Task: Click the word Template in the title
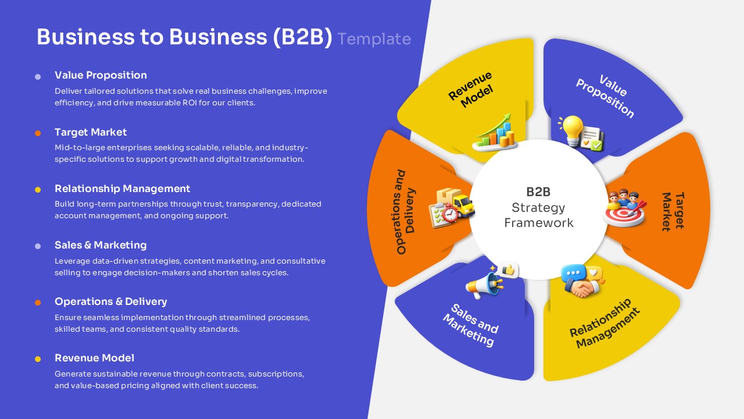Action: (374, 39)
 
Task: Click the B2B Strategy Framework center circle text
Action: (538, 207)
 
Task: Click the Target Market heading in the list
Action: (91, 132)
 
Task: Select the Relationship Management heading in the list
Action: (122, 189)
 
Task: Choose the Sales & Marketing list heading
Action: (101, 245)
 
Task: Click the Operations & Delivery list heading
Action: (110, 301)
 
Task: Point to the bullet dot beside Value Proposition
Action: (38, 76)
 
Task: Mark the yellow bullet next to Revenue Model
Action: (38, 359)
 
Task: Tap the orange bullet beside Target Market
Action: (38, 133)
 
